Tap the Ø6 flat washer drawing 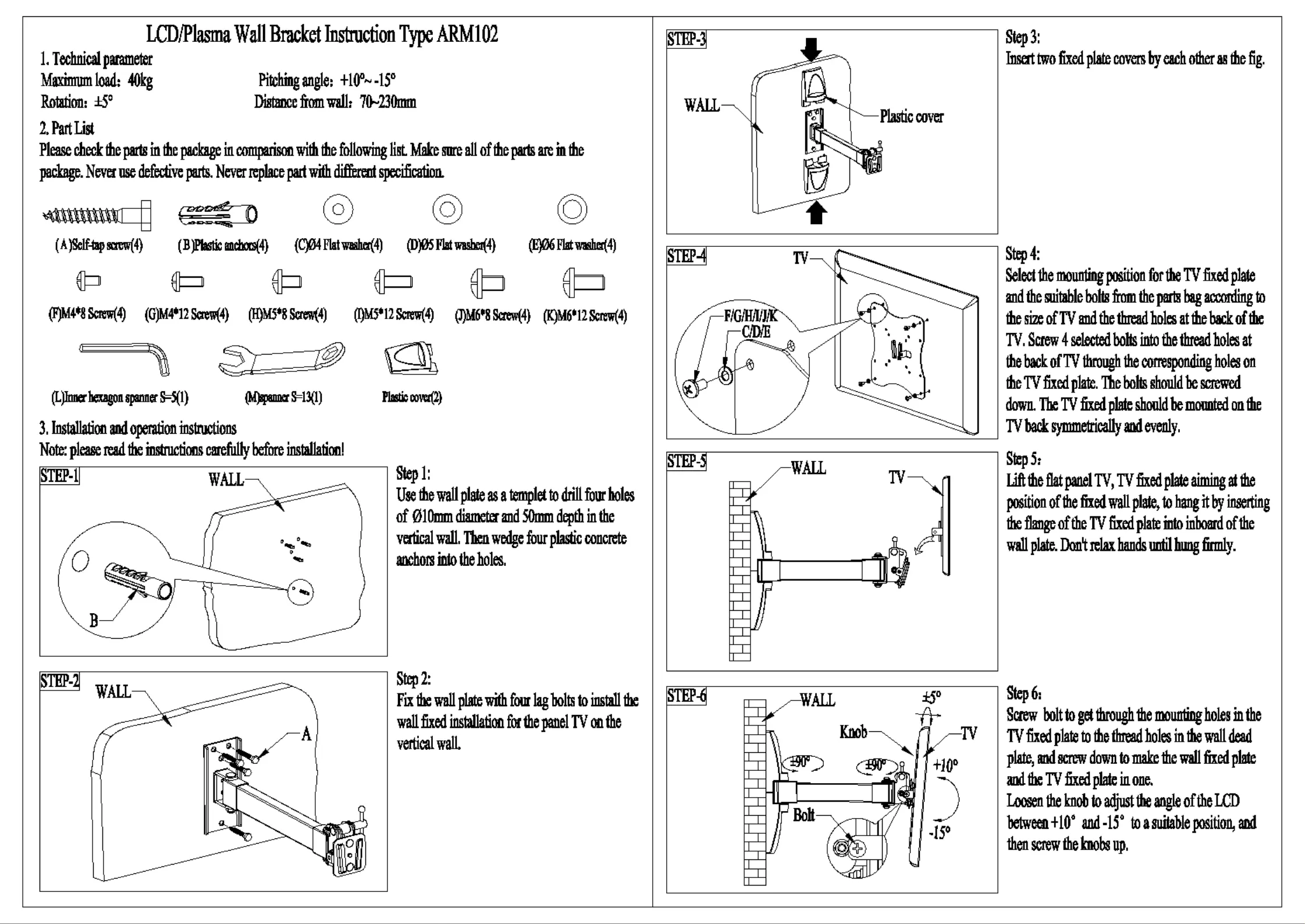[572, 210]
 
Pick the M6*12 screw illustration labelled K [584, 283]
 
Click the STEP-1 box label [59, 476]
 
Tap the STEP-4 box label [687, 256]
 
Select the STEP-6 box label [687, 696]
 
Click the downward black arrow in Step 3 [811, 49]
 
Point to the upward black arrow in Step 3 [817, 213]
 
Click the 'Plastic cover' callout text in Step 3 [911, 117]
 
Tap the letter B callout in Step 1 [94, 621]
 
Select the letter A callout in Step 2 [306, 735]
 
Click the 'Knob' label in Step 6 [853, 732]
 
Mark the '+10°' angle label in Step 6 [945, 764]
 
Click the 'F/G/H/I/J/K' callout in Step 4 [751, 316]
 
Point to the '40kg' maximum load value [140, 80]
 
